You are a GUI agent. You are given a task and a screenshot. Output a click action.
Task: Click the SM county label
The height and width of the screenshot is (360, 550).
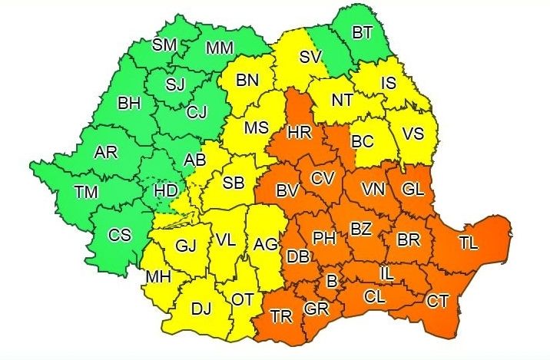pyautogui.click(x=164, y=45)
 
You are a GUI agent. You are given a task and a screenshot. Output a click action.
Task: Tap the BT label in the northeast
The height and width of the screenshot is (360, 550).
pyautogui.click(x=361, y=33)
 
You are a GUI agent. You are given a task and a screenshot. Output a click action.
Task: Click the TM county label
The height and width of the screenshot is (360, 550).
pyautogui.click(x=87, y=192)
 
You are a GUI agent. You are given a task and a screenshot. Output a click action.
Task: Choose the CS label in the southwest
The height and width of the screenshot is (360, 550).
pyautogui.click(x=119, y=236)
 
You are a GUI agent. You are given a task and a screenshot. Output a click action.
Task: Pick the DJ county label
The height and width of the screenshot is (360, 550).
pyautogui.click(x=200, y=309)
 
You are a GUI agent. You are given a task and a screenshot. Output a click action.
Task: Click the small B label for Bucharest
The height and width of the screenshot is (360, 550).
pyautogui.click(x=331, y=282)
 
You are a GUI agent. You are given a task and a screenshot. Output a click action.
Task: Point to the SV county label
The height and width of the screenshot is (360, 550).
pyautogui.click(x=310, y=56)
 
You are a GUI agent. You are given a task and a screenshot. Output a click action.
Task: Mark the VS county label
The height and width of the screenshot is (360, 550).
pyautogui.click(x=413, y=133)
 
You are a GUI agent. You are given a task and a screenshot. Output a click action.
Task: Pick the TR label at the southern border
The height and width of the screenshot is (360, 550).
pyautogui.click(x=281, y=315)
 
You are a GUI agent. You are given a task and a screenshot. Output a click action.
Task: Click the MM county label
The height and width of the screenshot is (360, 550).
pyautogui.click(x=220, y=48)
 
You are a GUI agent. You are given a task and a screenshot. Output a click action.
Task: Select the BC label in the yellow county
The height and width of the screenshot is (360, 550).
pyautogui.click(x=362, y=141)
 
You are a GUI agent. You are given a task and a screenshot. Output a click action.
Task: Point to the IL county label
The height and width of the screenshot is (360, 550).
pyautogui.click(x=389, y=272)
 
